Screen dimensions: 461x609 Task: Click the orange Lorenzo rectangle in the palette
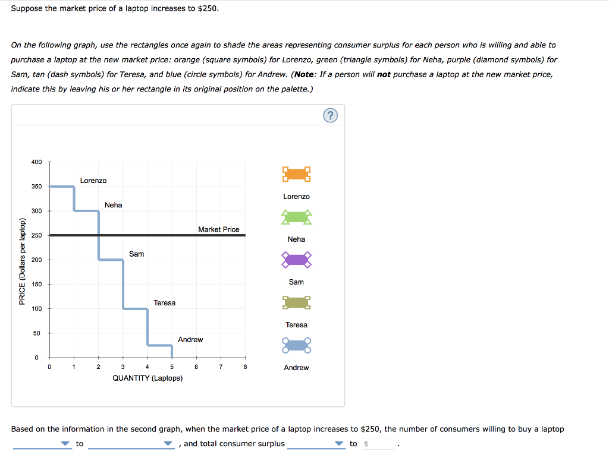[x=296, y=175]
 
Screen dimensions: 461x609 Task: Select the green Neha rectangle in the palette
[x=296, y=217]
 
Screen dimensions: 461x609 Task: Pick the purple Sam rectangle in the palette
[x=296, y=260]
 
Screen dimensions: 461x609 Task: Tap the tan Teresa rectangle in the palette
[x=296, y=303]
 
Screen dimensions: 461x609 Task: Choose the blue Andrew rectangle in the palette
[x=296, y=345]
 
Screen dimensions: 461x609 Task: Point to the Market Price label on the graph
[x=218, y=229]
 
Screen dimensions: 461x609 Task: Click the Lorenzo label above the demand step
[x=93, y=181]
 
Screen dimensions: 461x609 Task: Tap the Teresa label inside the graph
[x=164, y=303]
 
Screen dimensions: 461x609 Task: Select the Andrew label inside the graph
[x=190, y=340]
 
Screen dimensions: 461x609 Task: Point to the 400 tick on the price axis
[x=37, y=162]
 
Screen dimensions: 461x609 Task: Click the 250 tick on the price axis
[x=37, y=236]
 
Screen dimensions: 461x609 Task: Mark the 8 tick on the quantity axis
[x=245, y=367]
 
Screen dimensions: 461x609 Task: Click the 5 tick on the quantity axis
[x=172, y=367]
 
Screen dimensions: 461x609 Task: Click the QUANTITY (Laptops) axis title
[x=147, y=378]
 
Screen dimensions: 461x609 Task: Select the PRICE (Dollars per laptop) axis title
[x=22, y=261]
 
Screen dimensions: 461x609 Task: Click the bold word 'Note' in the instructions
[x=305, y=74]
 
